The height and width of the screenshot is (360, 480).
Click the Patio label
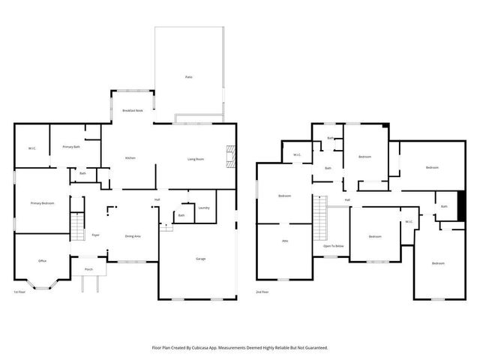coord(188,77)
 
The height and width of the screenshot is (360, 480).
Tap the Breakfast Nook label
coord(133,110)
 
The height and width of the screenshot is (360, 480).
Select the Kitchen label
coord(130,158)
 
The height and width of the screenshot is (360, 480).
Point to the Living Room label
coord(196,158)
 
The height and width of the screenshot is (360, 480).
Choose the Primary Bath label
coord(71,146)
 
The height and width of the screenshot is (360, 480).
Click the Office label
coord(42,260)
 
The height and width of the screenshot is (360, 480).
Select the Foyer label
coord(96,235)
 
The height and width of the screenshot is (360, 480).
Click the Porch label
coord(88,268)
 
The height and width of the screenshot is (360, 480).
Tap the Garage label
coord(201,259)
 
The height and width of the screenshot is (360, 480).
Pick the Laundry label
coord(203,208)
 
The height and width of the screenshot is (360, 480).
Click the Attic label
coord(285,241)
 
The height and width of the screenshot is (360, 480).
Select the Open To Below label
coord(334,246)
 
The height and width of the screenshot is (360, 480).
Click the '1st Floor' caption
coord(21,292)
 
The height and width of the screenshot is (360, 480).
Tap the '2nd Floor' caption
coord(263,292)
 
